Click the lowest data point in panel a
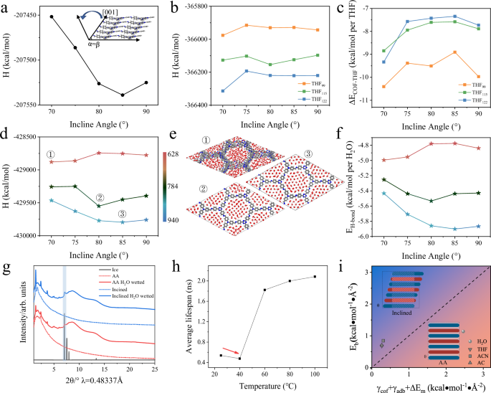pos(123,95)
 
